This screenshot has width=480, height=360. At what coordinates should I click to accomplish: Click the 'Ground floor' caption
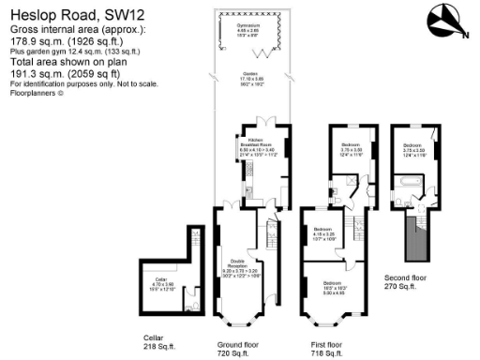(238, 345)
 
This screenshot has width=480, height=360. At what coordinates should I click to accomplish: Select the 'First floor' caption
(328, 345)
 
